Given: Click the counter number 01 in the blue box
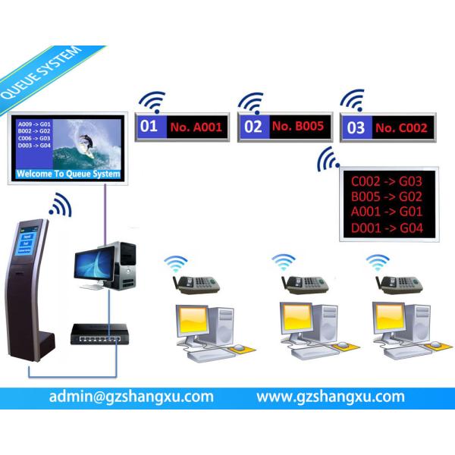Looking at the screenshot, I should (149, 127).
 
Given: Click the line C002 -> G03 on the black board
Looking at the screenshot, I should (386, 182).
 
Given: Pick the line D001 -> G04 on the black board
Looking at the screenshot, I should (386, 227).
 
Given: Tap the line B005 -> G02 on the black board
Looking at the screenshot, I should (386, 197).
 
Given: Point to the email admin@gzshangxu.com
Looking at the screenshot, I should (130, 397).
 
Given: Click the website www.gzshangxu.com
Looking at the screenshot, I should (330, 397).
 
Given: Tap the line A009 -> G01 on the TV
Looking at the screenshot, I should (33, 123).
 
